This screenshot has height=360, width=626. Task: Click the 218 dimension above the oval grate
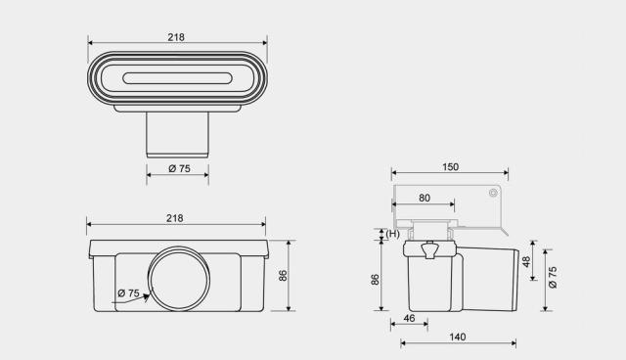(x=176, y=37)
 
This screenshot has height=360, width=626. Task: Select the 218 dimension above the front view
(x=175, y=218)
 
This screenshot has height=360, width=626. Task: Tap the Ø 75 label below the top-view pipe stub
(x=179, y=168)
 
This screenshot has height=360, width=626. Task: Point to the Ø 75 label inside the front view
(x=128, y=293)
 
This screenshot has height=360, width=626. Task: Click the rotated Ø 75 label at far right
(x=553, y=278)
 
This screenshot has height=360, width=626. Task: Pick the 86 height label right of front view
(x=283, y=276)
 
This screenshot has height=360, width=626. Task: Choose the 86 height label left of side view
(x=375, y=280)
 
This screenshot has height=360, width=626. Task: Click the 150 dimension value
(x=450, y=167)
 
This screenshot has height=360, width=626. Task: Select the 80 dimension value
(x=425, y=198)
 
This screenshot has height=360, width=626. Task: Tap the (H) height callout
(x=393, y=234)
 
